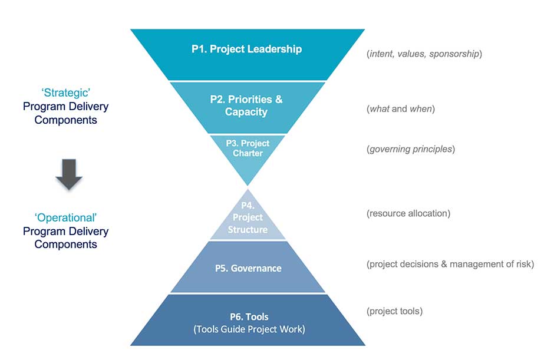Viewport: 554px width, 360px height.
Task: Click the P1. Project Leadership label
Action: click(x=246, y=49)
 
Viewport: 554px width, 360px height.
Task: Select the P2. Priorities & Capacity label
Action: click(x=246, y=105)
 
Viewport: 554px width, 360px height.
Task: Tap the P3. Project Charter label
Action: click(x=248, y=148)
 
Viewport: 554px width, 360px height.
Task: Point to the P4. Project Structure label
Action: click(x=248, y=217)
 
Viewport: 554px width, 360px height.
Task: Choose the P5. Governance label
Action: click(x=248, y=268)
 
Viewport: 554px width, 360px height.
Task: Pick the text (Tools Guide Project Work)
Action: click(x=249, y=329)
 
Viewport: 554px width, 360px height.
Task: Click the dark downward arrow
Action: click(x=70, y=175)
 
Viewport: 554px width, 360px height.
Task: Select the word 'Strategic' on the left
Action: click(x=65, y=93)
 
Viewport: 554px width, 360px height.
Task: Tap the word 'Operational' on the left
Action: click(x=65, y=218)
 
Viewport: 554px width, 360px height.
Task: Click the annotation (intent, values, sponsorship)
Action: click(x=424, y=54)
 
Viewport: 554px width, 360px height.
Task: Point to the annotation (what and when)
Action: click(x=401, y=109)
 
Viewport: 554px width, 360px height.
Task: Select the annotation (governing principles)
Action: click(x=411, y=149)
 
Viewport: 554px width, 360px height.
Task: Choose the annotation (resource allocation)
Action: click(x=408, y=213)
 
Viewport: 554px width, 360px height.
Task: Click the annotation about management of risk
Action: click(x=450, y=264)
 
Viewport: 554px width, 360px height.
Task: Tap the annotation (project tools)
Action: click(x=394, y=311)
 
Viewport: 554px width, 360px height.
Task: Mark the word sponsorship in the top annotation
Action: click(x=454, y=54)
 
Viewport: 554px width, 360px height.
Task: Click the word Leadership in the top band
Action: click(x=273, y=49)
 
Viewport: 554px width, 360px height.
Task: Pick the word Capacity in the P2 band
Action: click(x=246, y=112)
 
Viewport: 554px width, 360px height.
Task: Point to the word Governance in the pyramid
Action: click(x=256, y=268)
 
